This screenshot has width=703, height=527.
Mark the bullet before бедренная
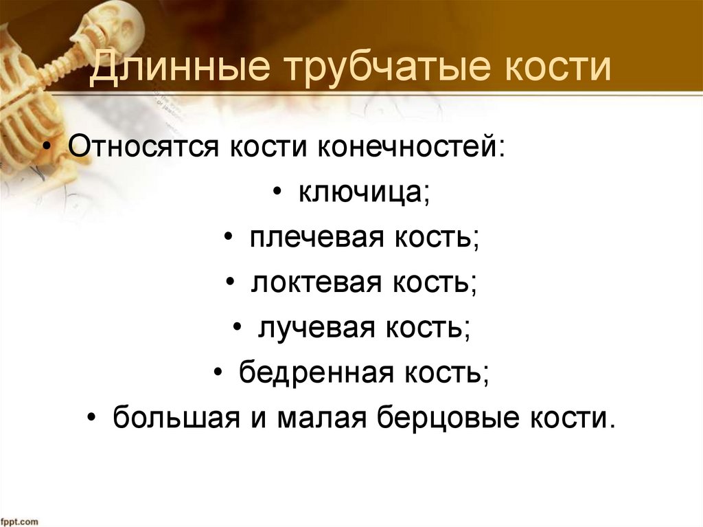point(218,373)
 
